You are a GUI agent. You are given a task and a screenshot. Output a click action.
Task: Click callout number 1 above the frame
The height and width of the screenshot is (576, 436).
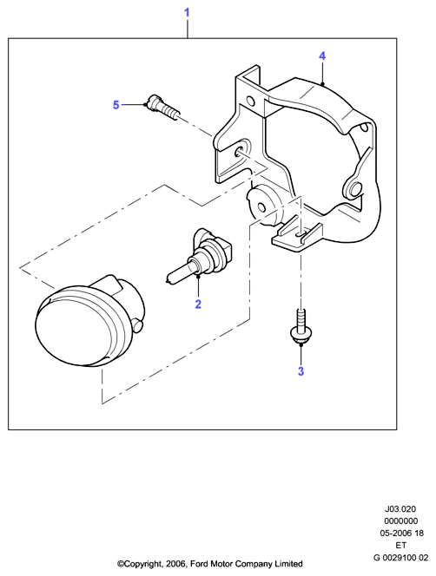(187, 13)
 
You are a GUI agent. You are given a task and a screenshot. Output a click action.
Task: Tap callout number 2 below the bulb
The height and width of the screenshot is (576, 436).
(198, 304)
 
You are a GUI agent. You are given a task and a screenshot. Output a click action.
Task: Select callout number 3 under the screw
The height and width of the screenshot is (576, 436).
(301, 371)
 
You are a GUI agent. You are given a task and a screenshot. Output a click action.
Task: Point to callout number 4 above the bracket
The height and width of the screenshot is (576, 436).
(322, 56)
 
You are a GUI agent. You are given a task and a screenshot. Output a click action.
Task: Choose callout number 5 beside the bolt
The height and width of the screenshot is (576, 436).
(116, 105)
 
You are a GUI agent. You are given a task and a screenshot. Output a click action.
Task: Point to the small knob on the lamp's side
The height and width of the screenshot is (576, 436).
(138, 325)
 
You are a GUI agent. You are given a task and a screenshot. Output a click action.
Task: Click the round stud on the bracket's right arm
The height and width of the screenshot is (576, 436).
(355, 189)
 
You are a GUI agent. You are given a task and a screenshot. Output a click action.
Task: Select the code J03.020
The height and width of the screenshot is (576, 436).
(400, 509)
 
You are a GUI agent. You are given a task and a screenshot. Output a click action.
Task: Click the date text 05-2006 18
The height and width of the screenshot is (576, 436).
(402, 533)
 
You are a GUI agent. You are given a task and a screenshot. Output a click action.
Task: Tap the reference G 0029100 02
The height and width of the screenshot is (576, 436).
(401, 558)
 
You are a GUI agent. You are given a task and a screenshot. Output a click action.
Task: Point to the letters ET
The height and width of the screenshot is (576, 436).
(401, 545)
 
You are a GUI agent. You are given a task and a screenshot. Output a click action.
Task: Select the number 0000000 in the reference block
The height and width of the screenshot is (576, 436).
(401, 520)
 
